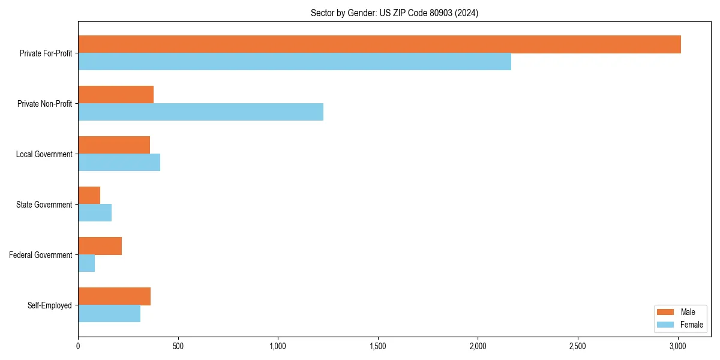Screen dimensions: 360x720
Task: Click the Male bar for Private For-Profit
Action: [x=379, y=44]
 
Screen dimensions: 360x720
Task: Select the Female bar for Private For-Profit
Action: [x=295, y=62]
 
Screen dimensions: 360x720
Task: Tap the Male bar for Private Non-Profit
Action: [x=116, y=95]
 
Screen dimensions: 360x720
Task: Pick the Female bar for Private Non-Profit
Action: [x=200, y=112]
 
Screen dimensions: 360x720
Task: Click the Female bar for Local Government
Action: [x=119, y=163]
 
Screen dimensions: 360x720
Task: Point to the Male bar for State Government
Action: [x=89, y=196]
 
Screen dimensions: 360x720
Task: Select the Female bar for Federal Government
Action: [x=86, y=263]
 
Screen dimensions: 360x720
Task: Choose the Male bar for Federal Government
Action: [x=100, y=246]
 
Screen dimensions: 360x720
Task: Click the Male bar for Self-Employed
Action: [x=114, y=296]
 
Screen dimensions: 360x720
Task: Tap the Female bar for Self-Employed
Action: [x=109, y=314]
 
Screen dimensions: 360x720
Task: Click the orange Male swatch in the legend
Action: [x=665, y=312]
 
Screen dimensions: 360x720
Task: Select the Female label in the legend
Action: [x=691, y=325]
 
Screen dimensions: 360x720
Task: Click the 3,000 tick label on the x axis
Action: [x=677, y=346]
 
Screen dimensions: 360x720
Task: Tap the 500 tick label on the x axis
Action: [x=178, y=346]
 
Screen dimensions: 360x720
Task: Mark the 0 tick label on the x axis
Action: [x=78, y=346]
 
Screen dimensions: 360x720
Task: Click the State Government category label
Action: [x=44, y=205]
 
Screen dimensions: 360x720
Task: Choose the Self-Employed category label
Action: [x=50, y=305]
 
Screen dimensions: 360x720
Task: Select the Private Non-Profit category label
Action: [x=44, y=104]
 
